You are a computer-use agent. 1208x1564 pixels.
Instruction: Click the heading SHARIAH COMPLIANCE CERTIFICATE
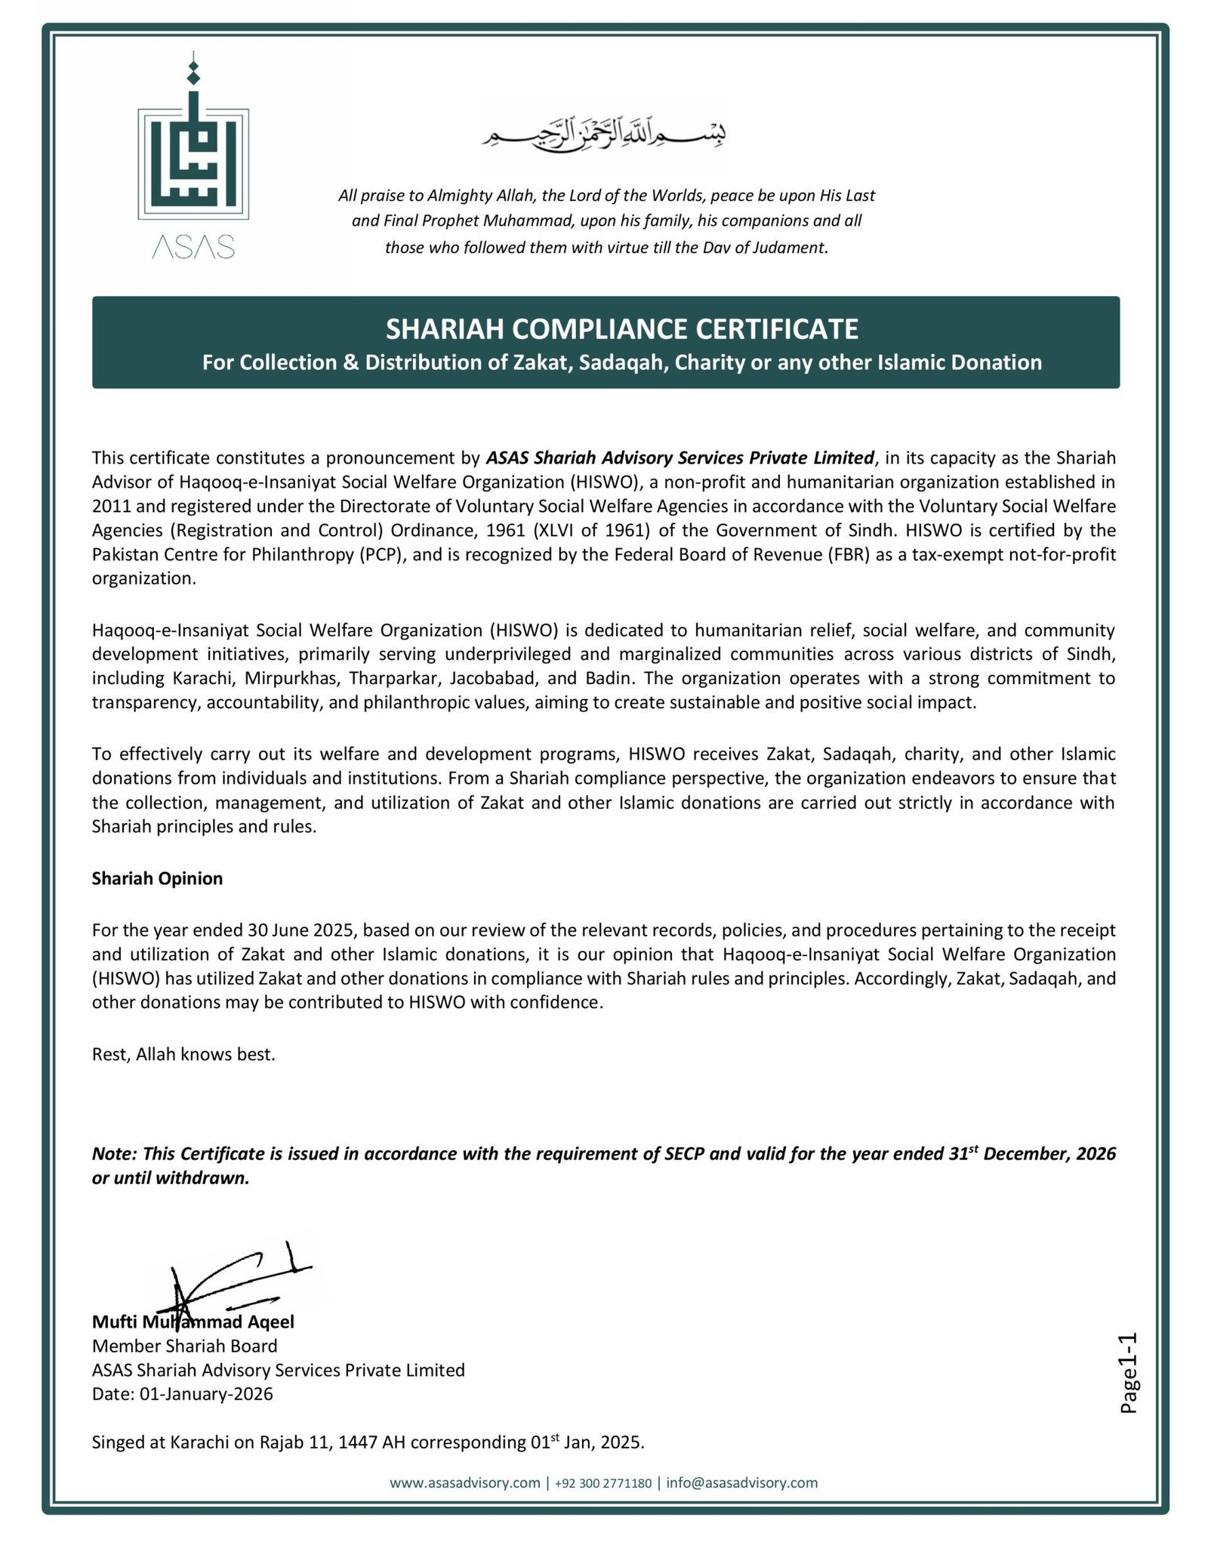(622, 329)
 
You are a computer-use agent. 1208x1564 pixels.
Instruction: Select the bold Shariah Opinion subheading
(157, 878)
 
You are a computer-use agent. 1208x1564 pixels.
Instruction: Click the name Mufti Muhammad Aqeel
(193, 1322)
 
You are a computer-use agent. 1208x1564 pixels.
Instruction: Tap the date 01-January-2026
(206, 1393)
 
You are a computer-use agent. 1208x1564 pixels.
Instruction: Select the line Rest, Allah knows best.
(183, 1054)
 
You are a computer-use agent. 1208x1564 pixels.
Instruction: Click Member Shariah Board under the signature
(184, 1346)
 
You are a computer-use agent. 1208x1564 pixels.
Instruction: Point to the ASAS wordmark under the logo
(193, 247)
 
